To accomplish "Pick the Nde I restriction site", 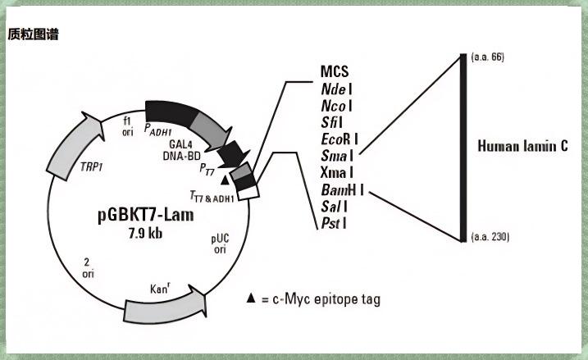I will [x=336, y=89].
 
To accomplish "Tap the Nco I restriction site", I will [x=336, y=106].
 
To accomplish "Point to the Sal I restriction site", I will [x=335, y=207].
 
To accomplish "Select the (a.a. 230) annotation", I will [x=490, y=237].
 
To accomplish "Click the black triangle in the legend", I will [x=251, y=299].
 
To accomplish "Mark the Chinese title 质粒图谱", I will [x=33, y=34].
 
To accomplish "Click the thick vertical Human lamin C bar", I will [x=463, y=148].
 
